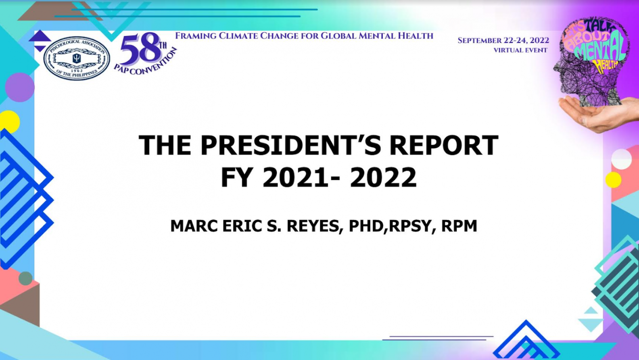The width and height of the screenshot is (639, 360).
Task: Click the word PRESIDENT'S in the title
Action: point(291,145)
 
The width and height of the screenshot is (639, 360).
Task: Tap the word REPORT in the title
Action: point(444,145)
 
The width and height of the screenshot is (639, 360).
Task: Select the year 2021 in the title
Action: point(295,177)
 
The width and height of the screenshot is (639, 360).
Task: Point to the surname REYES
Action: point(315,226)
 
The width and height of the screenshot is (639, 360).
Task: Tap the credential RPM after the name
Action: point(459,226)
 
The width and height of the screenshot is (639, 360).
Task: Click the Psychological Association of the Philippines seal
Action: point(77,58)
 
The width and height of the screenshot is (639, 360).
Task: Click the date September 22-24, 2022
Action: point(503,40)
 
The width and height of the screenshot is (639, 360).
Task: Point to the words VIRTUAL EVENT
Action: point(520,50)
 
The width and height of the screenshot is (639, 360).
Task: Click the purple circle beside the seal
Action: point(20,87)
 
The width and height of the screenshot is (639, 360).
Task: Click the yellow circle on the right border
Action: point(613,180)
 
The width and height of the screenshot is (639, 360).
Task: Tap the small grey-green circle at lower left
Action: point(25,279)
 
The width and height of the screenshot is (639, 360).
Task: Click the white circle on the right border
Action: point(622,159)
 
